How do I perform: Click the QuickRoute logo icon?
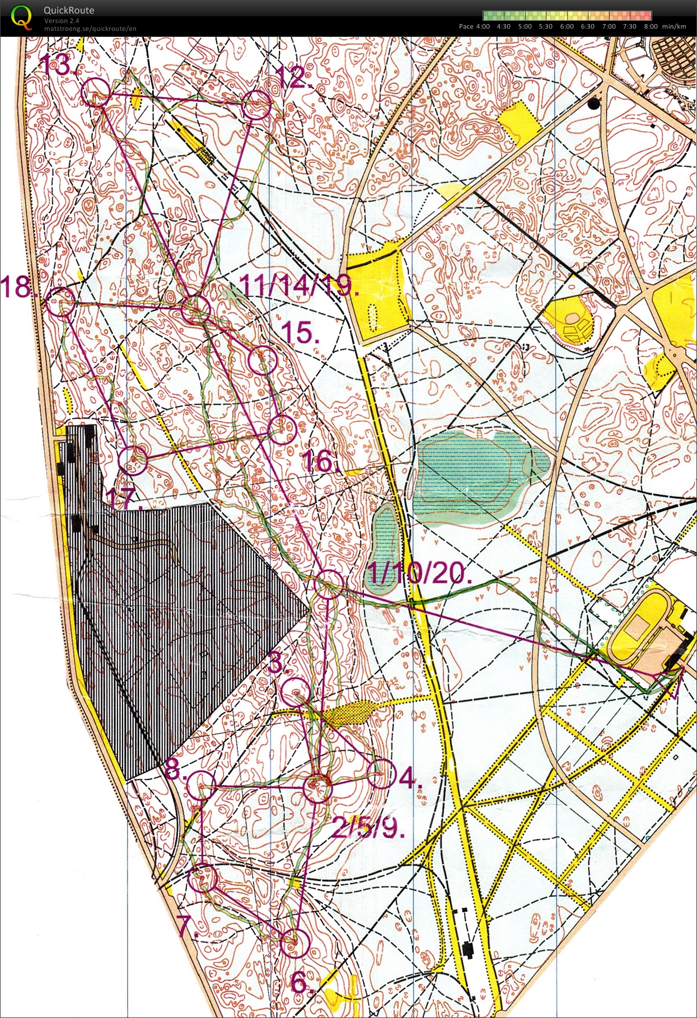click(21, 17)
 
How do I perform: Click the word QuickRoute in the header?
click(69, 10)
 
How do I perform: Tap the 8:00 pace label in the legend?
click(650, 26)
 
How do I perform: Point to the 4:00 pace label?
click(482, 26)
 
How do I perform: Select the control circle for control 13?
click(95, 92)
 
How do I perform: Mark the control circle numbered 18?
click(60, 302)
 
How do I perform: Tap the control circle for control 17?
click(133, 460)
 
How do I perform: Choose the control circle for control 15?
click(263, 361)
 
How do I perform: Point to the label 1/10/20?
click(418, 573)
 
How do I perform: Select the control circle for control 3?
click(294, 692)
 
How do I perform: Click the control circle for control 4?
click(382, 775)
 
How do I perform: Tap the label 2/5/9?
click(367, 827)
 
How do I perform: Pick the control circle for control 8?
click(201, 785)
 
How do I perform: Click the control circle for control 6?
click(294, 943)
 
